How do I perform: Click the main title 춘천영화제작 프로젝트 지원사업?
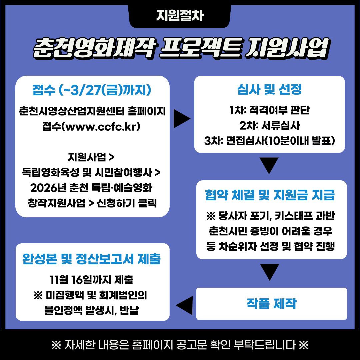(180, 48)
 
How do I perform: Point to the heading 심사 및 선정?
(269, 89)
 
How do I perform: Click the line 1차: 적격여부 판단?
(269, 110)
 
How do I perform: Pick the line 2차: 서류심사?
(269, 126)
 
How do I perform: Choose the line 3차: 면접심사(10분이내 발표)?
(269, 141)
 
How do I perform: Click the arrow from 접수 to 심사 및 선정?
(182, 119)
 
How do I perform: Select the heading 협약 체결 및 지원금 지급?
(270, 195)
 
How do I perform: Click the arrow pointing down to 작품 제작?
(269, 272)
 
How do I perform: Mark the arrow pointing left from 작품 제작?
(184, 304)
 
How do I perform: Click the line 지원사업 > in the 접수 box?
(92, 157)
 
